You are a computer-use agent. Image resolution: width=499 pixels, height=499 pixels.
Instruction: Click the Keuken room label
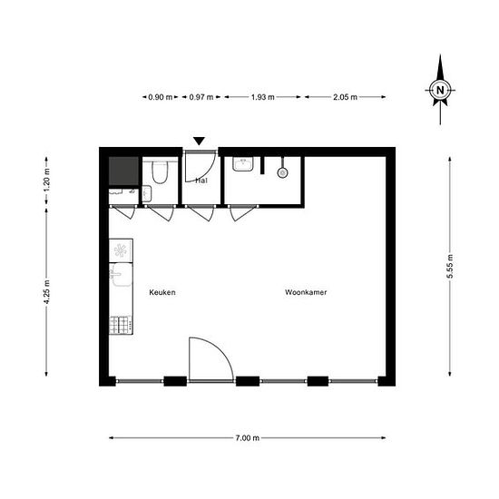162,293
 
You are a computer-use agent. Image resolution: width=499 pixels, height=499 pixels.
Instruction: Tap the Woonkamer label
306,293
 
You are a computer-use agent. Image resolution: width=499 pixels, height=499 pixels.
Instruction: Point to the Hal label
201,181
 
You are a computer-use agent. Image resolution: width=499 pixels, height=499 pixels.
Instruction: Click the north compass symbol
440,90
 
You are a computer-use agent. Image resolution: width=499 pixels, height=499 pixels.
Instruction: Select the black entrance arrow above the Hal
200,141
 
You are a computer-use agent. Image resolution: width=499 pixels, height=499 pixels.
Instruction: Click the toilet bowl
160,172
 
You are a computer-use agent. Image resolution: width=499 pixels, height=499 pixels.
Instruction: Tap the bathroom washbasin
240,164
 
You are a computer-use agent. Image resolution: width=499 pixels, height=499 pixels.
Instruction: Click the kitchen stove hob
121,324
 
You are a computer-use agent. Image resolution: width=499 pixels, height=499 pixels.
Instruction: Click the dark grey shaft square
122,170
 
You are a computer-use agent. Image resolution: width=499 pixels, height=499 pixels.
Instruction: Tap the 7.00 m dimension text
247,438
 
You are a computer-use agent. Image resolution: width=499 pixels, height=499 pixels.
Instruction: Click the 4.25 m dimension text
46,295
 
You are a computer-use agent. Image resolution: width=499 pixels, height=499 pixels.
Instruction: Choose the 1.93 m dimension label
262,96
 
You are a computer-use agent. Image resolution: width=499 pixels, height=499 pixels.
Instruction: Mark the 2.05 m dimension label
346,96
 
